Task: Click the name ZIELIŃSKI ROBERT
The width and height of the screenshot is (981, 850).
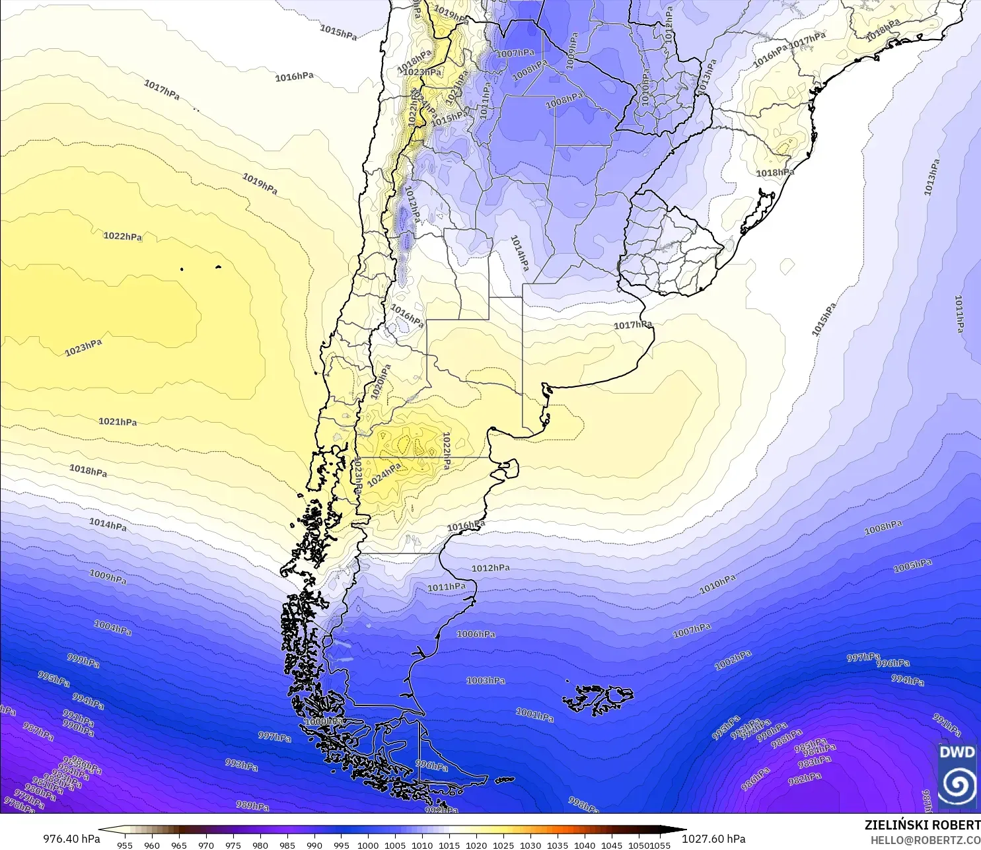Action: [x=922, y=825]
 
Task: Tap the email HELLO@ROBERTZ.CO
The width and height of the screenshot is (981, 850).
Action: [x=925, y=840]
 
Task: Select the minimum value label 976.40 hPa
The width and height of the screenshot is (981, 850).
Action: [x=71, y=839]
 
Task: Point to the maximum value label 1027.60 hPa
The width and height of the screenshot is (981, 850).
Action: [x=713, y=839]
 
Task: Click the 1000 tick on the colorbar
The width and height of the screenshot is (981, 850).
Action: [x=368, y=845]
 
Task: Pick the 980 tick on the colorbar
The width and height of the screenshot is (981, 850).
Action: [x=260, y=845]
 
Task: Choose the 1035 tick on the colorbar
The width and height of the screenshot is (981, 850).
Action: [x=558, y=845]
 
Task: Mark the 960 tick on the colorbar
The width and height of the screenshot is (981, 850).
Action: [x=152, y=845]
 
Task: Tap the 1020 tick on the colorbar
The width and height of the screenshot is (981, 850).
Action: [x=476, y=845]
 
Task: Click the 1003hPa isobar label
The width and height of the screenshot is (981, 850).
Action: [x=486, y=680]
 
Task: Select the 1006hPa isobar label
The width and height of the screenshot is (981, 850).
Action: [x=476, y=634]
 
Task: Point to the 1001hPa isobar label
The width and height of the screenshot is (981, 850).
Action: [x=534, y=715]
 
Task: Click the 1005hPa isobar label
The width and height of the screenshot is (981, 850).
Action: [x=912, y=565]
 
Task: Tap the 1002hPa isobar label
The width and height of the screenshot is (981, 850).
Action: [x=733, y=660]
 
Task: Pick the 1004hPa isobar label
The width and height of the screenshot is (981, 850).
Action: [x=112, y=627]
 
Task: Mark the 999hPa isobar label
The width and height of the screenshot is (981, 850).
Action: [x=83, y=660]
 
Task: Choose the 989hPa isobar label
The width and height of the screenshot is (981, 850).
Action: [x=252, y=806]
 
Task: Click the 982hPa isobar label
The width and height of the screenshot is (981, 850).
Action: [x=805, y=779]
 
